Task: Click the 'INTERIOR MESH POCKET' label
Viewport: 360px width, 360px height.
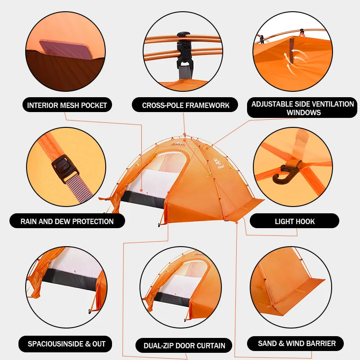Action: click(x=67, y=105)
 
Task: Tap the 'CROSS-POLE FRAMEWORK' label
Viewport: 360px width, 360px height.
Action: click(x=185, y=105)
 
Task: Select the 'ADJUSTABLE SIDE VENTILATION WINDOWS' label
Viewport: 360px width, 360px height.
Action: click(x=302, y=108)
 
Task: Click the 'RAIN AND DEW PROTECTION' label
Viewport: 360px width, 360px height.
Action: click(x=67, y=221)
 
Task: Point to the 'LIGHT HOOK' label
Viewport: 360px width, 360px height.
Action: click(x=294, y=221)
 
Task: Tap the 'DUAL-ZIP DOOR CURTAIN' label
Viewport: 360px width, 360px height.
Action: click(x=184, y=345)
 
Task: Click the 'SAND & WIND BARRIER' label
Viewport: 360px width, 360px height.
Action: click(x=296, y=343)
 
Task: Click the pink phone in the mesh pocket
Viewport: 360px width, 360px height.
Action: click(x=66, y=49)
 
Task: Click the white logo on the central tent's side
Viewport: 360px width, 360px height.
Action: click(x=217, y=163)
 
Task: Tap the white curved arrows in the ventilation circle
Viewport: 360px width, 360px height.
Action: click(x=295, y=61)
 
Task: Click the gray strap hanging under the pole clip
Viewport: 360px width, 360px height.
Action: click(x=185, y=72)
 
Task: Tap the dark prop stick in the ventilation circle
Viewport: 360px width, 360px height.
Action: click(x=292, y=50)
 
